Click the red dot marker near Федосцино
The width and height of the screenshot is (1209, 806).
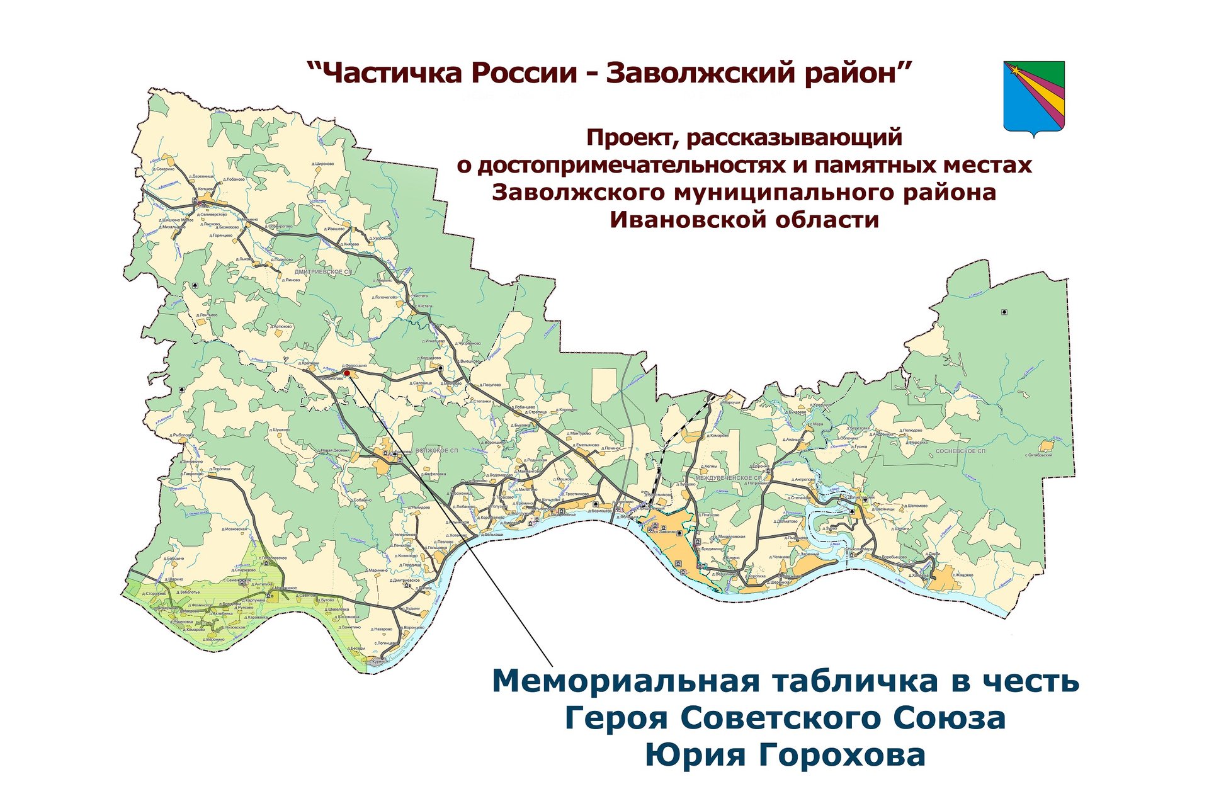[x=346, y=373]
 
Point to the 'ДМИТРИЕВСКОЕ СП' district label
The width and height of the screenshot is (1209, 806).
[x=324, y=271]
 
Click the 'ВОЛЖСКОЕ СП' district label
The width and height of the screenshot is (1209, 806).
[x=437, y=451]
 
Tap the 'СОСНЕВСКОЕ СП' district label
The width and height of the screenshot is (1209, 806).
[x=960, y=451]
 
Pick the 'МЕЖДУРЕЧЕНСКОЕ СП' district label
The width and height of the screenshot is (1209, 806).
[x=729, y=478]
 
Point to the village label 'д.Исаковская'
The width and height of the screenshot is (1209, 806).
[x=235, y=529]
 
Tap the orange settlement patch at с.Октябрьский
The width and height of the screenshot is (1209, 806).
[x=1047, y=446]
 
